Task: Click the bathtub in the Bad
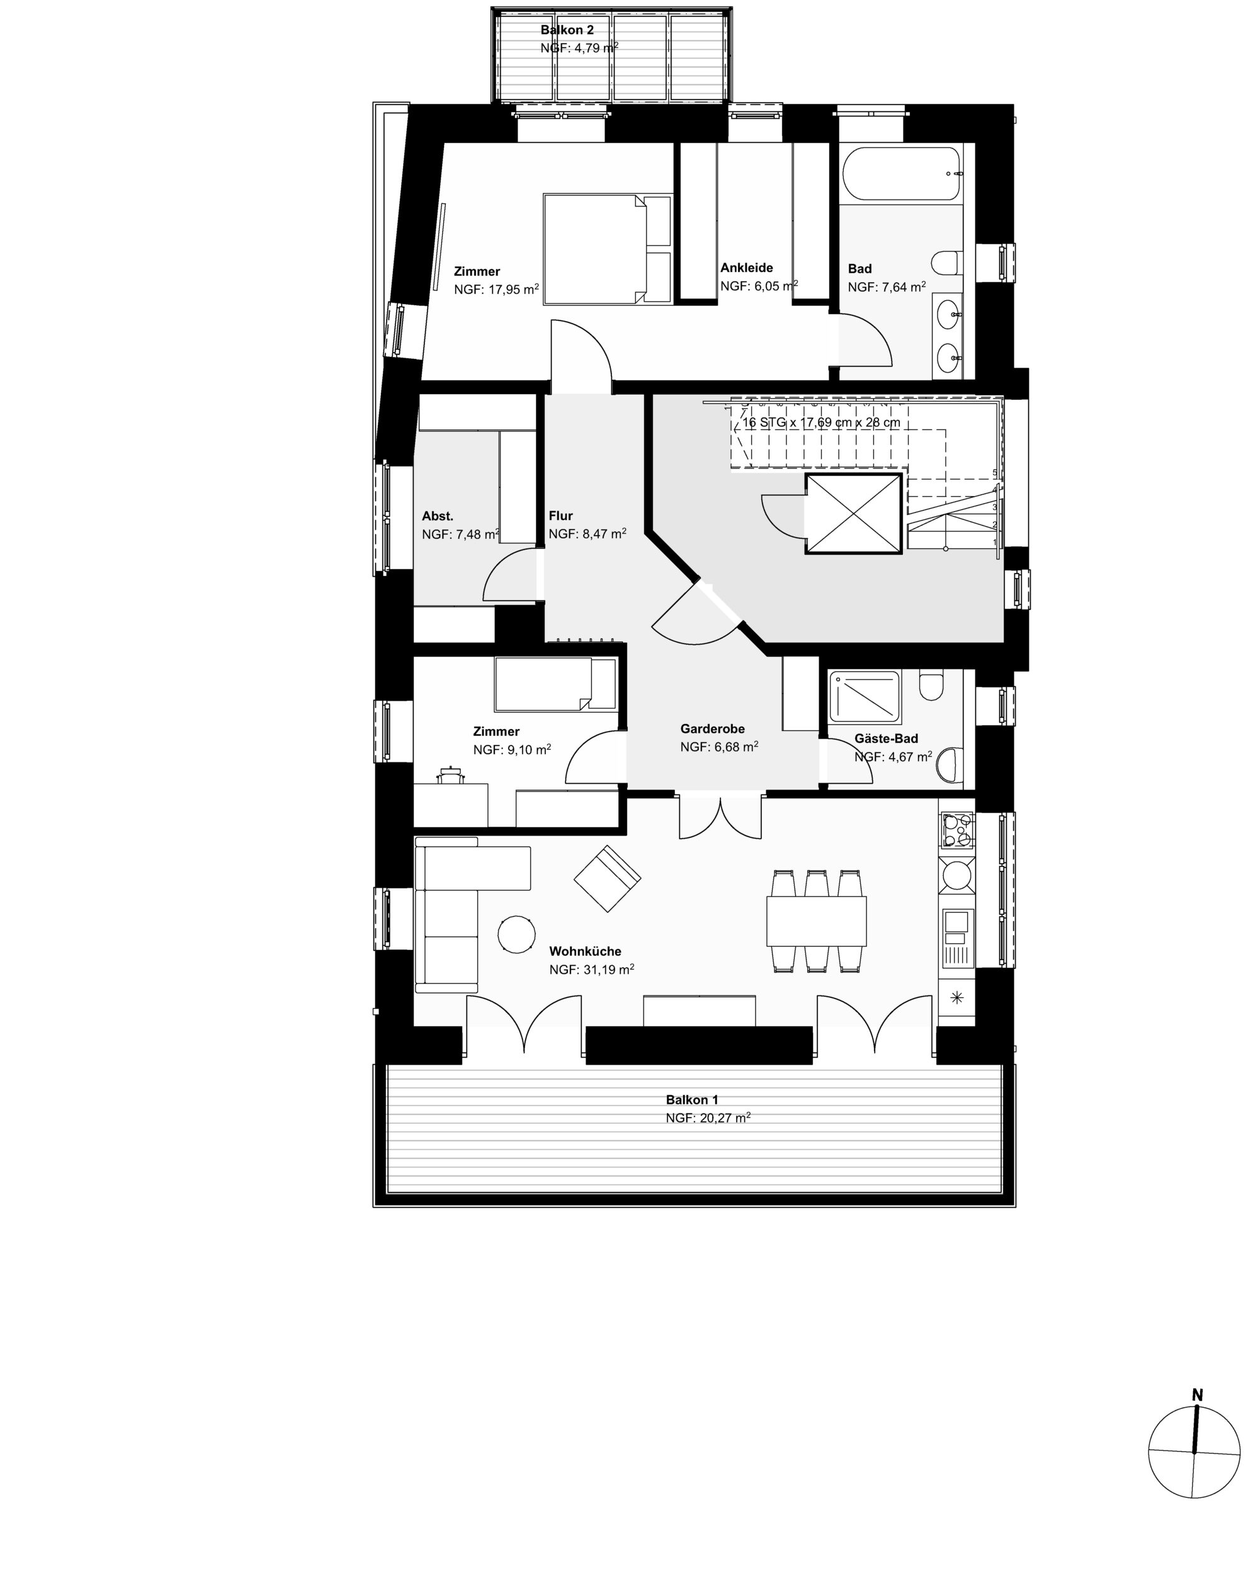click(x=901, y=174)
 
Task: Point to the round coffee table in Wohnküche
click(x=516, y=934)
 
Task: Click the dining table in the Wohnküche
click(x=815, y=920)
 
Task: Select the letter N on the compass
click(x=1198, y=1395)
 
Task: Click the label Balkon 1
click(x=691, y=1099)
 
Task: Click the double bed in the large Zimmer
click(x=607, y=248)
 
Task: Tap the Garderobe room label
click(x=712, y=728)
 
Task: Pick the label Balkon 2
click(x=567, y=30)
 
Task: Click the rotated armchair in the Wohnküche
click(x=608, y=879)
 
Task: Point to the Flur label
click(x=561, y=516)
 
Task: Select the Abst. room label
click(x=438, y=516)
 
